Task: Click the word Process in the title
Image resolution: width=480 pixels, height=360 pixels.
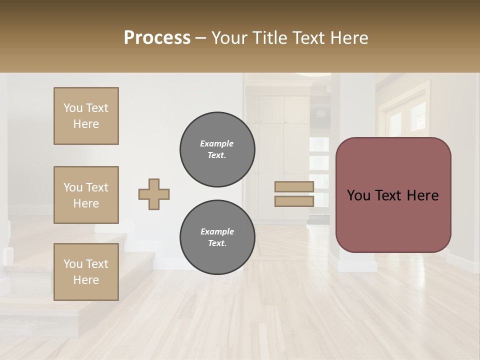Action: click(x=157, y=38)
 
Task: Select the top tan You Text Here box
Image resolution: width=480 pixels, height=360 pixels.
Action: click(x=86, y=116)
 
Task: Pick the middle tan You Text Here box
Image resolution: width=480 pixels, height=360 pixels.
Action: click(x=86, y=195)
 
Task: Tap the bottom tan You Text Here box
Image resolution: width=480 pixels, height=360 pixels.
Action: click(x=86, y=272)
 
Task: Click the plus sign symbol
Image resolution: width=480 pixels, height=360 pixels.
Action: click(x=154, y=194)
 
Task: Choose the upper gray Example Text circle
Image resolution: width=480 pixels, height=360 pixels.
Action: click(x=217, y=149)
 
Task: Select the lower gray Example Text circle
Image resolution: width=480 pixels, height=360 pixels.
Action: click(x=217, y=237)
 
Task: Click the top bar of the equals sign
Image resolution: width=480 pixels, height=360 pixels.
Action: click(x=294, y=187)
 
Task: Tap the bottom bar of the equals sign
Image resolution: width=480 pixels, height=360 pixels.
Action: click(x=294, y=201)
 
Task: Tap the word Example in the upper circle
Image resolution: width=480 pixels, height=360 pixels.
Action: click(x=216, y=143)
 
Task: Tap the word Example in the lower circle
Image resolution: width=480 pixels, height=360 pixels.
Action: click(x=217, y=231)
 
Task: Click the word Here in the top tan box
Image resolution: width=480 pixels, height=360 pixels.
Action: click(x=86, y=124)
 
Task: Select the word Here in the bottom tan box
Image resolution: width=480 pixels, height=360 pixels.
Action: click(x=86, y=280)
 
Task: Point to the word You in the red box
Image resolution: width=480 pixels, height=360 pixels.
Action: click(x=358, y=195)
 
